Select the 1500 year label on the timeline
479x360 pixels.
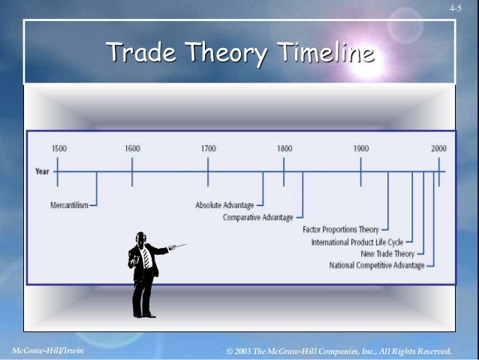pyautogui.click(x=59, y=149)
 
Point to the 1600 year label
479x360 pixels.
pyautogui.click(x=132, y=149)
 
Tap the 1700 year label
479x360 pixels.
pyautogui.click(x=208, y=149)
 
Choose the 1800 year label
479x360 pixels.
pyautogui.click(x=284, y=149)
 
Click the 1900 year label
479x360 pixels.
pyautogui.click(x=361, y=149)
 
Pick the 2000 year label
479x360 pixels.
pyautogui.click(x=438, y=149)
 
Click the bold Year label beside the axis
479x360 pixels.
pyautogui.click(x=42, y=171)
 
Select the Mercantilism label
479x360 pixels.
pyautogui.click(x=68, y=204)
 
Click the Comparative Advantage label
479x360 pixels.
pyautogui.click(x=258, y=217)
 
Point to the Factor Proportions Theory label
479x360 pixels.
pyautogui.click(x=341, y=229)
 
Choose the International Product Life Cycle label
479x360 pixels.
pyautogui.click(x=357, y=242)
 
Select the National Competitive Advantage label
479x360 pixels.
pyautogui.click(x=377, y=265)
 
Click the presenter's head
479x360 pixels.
pyautogui.click(x=140, y=238)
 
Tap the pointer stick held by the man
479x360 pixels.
pyautogui.click(x=177, y=246)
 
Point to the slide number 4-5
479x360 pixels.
pyautogui.click(x=456, y=8)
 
